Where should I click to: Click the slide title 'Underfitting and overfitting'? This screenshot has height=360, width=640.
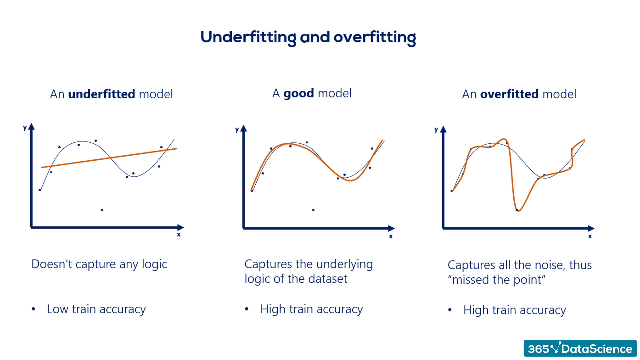pyautogui.click(x=308, y=37)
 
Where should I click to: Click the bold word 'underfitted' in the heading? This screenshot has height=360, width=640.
pyautogui.click(x=101, y=94)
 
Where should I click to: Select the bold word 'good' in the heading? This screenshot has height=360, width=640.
pyautogui.click(x=298, y=93)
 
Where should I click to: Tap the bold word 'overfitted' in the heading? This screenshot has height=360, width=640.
pyautogui.click(x=509, y=94)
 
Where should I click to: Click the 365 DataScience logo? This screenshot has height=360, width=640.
pyautogui.click(x=580, y=349)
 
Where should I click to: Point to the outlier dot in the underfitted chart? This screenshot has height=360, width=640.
pyautogui.click(x=102, y=210)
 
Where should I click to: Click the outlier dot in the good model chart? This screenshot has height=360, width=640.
pyautogui.click(x=313, y=210)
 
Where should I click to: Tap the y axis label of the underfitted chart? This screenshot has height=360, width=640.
pyautogui.click(x=25, y=127)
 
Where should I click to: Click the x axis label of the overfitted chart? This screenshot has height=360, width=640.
pyautogui.click(x=590, y=236)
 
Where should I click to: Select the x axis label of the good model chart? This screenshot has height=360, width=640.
pyautogui.click(x=391, y=236)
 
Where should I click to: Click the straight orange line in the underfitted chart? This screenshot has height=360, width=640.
pyautogui.click(x=110, y=158)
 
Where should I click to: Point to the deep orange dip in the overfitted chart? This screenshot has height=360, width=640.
pyautogui.click(x=518, y=209)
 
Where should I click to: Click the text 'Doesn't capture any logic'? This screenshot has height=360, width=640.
pyautogui.click(x=99, y=264)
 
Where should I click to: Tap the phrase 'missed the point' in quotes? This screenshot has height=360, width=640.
pyautogui.click(x=497, y=280)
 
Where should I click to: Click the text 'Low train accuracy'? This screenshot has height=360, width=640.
pyautogui.click(x=96, y=309)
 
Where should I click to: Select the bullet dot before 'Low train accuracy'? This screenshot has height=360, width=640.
pyautogui.click(x=33, y=309)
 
